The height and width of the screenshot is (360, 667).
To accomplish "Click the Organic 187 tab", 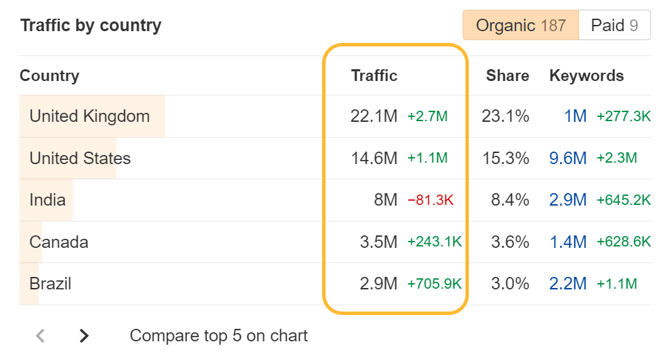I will [x=521, y=26].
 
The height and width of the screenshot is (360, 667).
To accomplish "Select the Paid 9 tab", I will [x=614, y=26].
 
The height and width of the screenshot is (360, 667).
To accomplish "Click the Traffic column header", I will [x=374, y=75].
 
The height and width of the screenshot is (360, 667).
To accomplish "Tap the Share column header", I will [x=507, y=75].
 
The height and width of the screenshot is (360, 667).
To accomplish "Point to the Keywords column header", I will [x=586, y=75].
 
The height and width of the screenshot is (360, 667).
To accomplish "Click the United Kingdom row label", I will [x=89, y=116].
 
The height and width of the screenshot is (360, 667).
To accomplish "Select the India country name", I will [x=47, y=200].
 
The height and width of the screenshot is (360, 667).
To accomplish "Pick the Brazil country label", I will [x=50, y=284].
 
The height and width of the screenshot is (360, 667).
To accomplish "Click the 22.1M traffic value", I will [x=374, y=116].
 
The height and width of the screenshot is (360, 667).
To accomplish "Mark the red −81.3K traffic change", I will [x=431, y=200].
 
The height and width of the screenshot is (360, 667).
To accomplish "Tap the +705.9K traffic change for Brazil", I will [x=434, y=284].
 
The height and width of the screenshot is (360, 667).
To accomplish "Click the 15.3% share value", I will [x=506, y=159].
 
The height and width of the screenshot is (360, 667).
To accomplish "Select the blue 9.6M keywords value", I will [x=568, y=159].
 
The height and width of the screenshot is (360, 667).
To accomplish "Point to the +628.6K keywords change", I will [x=623, y=242].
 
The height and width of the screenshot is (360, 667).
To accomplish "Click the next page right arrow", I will [x=84, y=336].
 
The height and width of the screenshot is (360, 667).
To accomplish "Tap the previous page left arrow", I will [x=40, y=336].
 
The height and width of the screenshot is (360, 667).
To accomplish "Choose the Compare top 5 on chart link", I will [x=218, y=336].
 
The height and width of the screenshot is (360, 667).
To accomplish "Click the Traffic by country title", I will [x=91, y=26].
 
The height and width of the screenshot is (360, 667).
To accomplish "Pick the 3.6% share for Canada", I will [x=510, y=242].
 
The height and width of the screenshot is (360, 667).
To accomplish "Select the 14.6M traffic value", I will [x=374, y=159].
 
